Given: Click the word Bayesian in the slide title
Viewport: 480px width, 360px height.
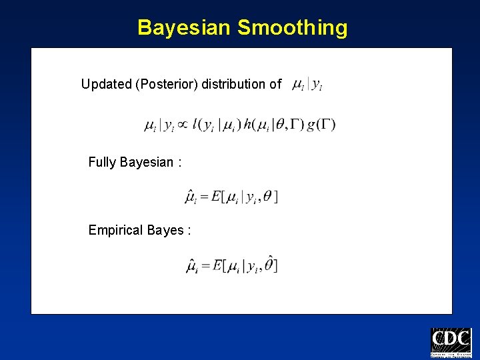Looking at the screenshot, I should coord(184,28).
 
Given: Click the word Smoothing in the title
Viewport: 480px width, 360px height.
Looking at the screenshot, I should coord(292,28).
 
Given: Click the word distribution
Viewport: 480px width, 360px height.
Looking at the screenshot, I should coord(233,85).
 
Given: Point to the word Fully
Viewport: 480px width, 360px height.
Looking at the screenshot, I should coord(102,162).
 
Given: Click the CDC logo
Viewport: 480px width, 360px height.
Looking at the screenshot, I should coord(451,343).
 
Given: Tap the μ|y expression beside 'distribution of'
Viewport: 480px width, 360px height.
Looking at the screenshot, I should coord(307,85).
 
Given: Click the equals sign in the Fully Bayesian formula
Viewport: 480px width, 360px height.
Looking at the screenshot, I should coord(203,197).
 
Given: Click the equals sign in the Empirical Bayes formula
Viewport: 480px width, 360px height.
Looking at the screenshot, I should coord(203,266).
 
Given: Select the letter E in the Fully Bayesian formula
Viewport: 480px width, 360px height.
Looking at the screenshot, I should coord(215,197).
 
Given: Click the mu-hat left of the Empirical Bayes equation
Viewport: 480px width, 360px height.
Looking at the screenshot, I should coord(191,266).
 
